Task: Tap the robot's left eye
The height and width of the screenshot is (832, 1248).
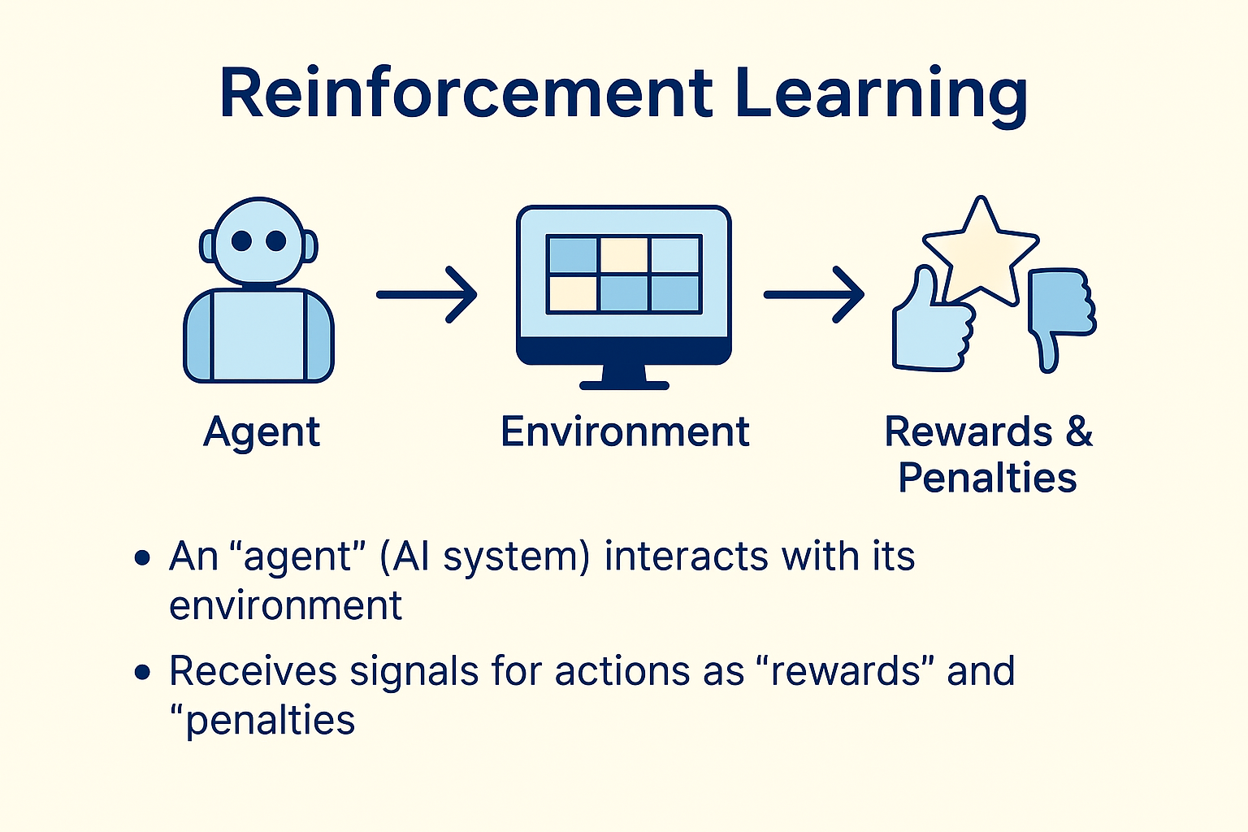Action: [241, 241]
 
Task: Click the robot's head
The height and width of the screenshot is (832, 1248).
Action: [258, 241]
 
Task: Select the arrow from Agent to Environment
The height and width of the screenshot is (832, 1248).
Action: [427, 295]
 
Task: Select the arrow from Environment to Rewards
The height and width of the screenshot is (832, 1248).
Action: [814, 295]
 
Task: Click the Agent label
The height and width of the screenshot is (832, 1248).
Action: [262, 433]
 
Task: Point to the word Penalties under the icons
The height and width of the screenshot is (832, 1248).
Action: [987, 477]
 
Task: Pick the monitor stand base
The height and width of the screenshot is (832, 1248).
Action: [624, 385]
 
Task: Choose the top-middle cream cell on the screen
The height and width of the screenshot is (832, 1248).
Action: [624, 254]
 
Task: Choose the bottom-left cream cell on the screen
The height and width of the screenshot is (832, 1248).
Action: [573, 293]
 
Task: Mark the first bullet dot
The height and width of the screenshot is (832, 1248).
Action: [143, 558]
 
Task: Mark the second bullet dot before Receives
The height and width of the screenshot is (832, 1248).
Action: [143, 672]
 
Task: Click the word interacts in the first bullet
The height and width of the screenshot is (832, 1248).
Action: [686, 557]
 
